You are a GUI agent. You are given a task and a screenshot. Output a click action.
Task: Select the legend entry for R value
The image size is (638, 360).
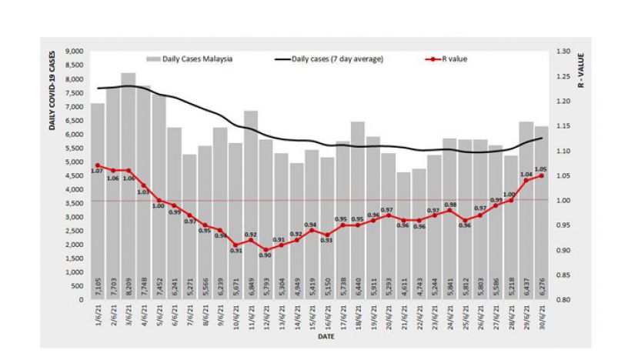coord(450,58)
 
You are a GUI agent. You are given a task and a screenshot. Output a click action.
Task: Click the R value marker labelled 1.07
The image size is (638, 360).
coord(98,165)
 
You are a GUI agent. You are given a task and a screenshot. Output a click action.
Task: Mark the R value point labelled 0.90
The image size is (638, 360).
coord(266,249)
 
